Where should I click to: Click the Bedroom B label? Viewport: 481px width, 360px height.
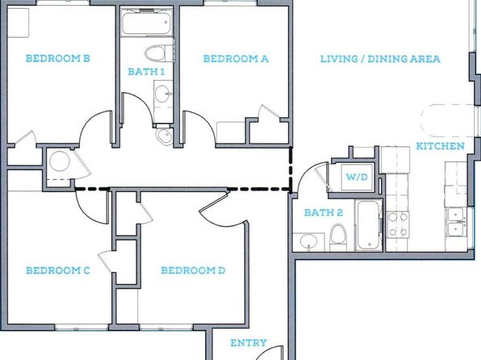pos(57,58)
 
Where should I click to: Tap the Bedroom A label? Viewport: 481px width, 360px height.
pos(236,59)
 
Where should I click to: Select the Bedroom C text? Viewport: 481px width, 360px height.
pos(57,270)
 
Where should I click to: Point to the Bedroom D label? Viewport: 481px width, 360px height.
pos(193,270)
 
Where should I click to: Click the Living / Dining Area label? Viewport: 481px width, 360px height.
pos(380,59)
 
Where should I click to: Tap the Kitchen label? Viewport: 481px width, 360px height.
pos(440,146)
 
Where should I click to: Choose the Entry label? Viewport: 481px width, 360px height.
pos(249,343)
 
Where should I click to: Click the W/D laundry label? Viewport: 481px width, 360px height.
pos(357,177)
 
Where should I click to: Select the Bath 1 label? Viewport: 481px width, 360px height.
pos(146,72)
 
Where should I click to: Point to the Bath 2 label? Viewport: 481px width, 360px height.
pos(324,212)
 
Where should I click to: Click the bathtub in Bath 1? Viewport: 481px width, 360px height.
pos(146,23)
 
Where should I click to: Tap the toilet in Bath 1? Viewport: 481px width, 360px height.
pos(156,53)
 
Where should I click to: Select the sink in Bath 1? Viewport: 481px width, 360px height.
pos(161,94)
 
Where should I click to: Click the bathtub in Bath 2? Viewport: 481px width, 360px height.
pos(369,225)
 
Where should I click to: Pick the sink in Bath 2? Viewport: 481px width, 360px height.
pos(308,241)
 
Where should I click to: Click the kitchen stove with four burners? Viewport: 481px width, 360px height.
pos(398,224)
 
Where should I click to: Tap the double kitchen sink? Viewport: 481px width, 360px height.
pos(457,222)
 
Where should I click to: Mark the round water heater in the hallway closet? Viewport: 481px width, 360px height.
pos(60,161)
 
